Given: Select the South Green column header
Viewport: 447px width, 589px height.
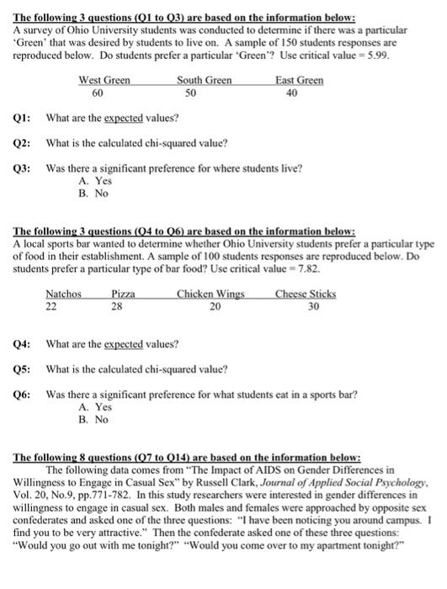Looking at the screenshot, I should coord(204,80).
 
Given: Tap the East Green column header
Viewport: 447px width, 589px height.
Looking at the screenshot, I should coord(299,80).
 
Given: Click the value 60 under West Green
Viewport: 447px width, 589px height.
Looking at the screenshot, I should coord(98,93).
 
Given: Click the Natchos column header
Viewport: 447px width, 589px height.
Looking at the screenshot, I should coord(63,294).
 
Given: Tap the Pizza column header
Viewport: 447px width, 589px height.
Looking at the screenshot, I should coord(123,294).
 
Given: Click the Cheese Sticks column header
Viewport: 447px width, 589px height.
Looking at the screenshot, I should coord(305,294).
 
